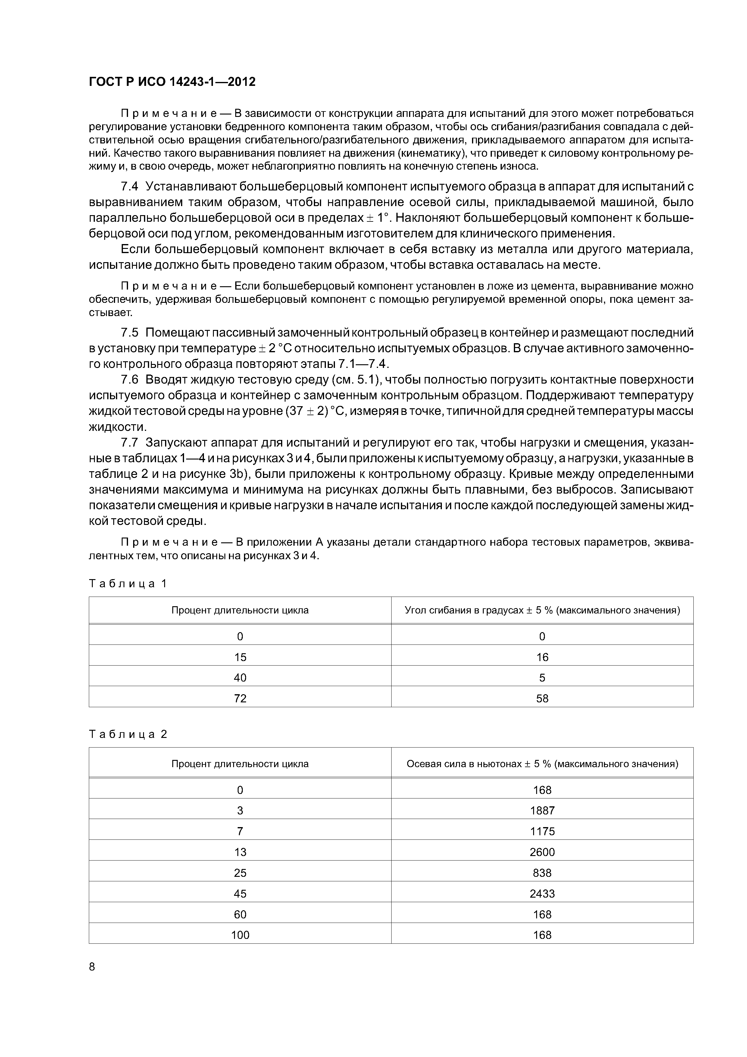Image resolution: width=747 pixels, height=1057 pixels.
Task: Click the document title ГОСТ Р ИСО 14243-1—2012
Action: click(172, 82)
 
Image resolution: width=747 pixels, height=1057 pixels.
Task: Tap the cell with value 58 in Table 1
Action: click(542, 698)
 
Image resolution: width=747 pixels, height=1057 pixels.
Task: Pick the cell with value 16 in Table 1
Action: click(542, 657)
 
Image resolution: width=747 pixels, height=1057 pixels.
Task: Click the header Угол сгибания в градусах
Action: click(542, 610)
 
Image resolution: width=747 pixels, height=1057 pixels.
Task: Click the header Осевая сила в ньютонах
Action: click(542, 764)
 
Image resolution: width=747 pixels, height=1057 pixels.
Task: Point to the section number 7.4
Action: click(129, 187)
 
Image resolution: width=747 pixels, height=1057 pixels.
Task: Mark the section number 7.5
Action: click(129, 332)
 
